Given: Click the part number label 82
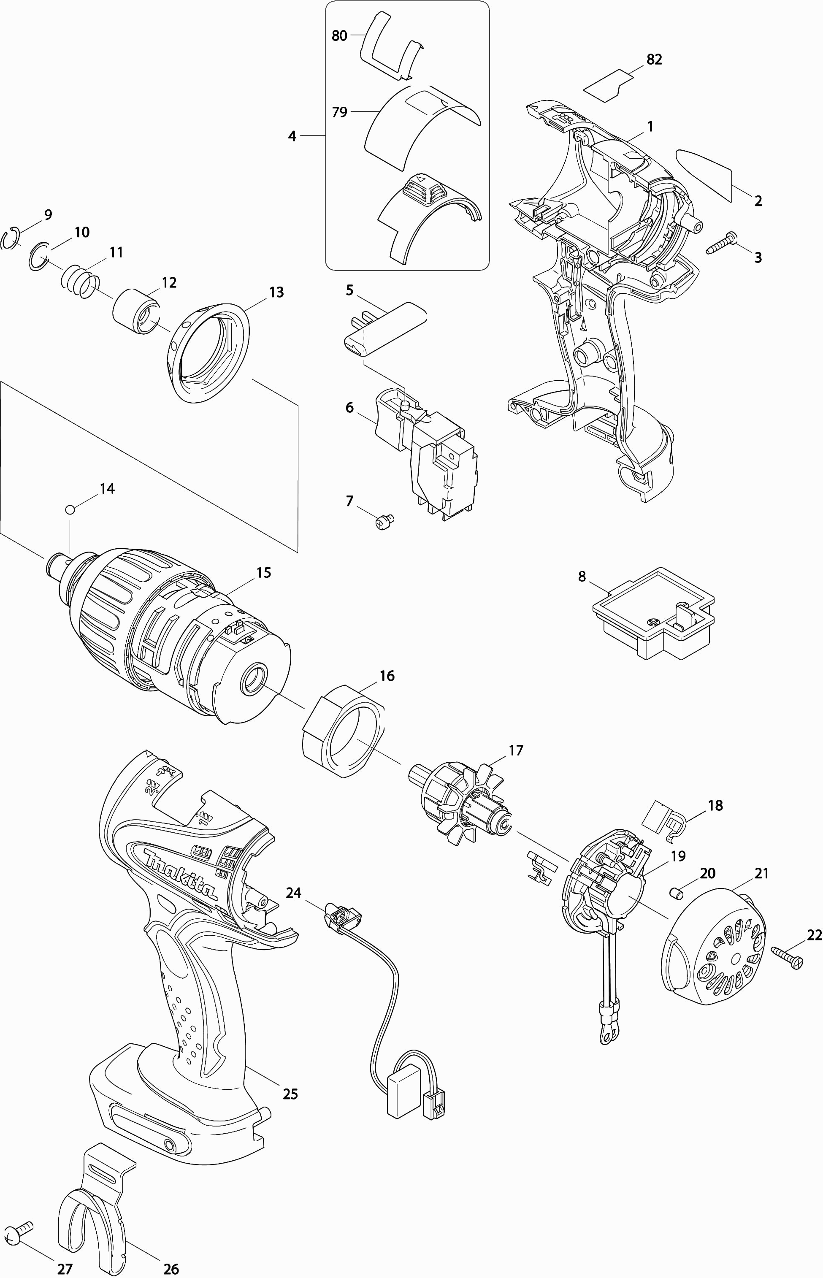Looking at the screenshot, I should (654, 60).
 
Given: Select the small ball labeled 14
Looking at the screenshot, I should (70, 509).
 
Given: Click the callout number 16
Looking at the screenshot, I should (387, 676).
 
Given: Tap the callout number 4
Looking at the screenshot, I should (292, 136).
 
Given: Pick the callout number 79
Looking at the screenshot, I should (339, 112).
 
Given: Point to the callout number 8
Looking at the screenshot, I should (582, 577).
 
